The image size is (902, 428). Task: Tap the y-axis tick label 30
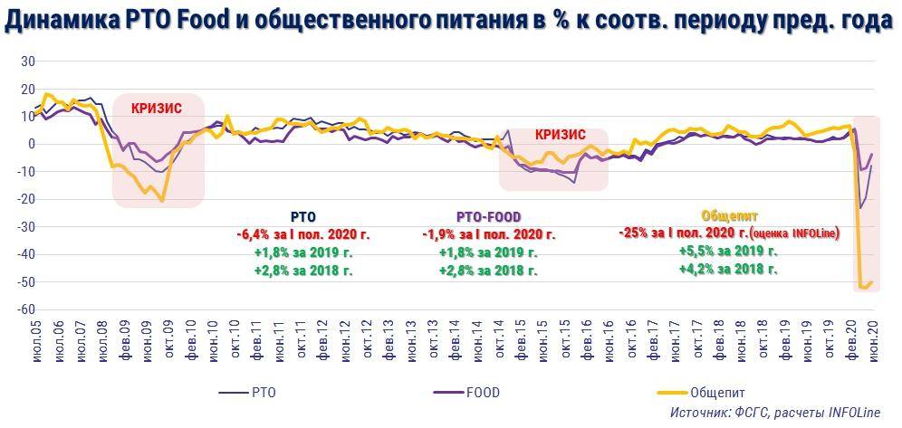[x=28, y=62]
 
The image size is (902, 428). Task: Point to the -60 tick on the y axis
[x=25, y=309]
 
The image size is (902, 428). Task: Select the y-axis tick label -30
[x=25, y=227]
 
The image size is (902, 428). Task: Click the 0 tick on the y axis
[x=31, y=144]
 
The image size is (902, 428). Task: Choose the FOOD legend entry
[x=481, y=393]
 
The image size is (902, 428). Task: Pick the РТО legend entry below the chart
[x=262, y=393]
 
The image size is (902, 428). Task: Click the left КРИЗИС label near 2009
[x=157, y=109]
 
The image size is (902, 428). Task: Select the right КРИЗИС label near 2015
[x=561, y=134]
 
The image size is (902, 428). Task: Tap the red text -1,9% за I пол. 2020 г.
[x=488, y=234]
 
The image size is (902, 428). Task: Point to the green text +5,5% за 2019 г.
[x=728, y=252]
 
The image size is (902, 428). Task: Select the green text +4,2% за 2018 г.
[x=728, y=269]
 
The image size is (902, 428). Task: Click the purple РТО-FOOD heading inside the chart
[x=488, y=217]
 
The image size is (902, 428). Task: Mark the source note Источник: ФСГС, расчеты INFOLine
[x=774, y=413]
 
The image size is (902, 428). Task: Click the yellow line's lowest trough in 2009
[x=162, y=200]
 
